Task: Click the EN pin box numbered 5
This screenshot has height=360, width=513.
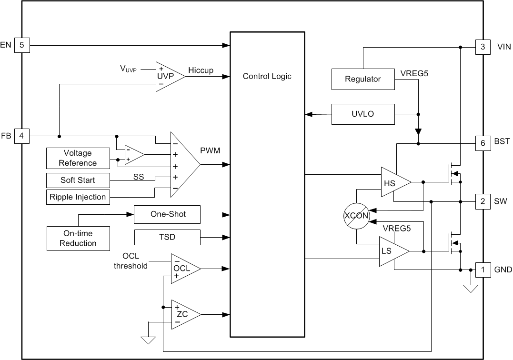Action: pyautogui.click(x=22, y=46)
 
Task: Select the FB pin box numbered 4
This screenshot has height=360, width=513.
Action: pyautogui.click(x=22, y=136)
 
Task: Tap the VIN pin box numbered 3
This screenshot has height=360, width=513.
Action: pyautogui.click(x=483, y=47)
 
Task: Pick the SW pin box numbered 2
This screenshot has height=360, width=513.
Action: pyautogui.click(x=483, y=201)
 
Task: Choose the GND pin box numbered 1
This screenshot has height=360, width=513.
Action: pyautogui.click(x=483, y=270)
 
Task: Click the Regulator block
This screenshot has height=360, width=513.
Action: pyautogui.click(x=363, y=79)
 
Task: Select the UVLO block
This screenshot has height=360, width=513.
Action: pyautogui.click(x=363, y=114)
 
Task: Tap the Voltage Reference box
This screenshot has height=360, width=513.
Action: pyautogui.click(x=78, y=158)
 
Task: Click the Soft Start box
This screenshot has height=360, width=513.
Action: pyautogui.click(x=78, y=180)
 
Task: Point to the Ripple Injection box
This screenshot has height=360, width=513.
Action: pyautogui.click(x=78, y=197)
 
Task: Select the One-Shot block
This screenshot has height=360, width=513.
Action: pyautogui.click(x=168, y=214)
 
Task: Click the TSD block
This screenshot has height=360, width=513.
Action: pyautogui.click(x=168, y=237)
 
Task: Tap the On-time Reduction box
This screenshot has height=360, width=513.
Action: pyautogui.click(x=78, y=239)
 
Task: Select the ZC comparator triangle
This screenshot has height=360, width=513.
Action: pyautogui.click(x=182, y=314)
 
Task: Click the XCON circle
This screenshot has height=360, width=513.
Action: pyautogui.click(x=356, y=215)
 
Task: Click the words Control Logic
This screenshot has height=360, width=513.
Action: pyautogui.click(x=267, y=76)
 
